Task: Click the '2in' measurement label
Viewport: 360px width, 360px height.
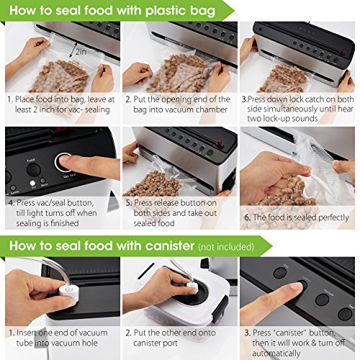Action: tap(81, 51)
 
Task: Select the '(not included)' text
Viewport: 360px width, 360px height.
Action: tap(226, 247)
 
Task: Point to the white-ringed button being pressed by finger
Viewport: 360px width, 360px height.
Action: tap(63, 162)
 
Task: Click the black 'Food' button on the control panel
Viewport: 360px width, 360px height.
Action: tap(34, 170)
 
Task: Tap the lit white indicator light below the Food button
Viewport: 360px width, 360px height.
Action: tap(32, 184)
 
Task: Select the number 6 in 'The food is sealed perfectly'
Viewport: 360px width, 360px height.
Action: tap(247, 217)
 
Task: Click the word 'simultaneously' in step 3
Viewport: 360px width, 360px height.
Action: tap(292, 109)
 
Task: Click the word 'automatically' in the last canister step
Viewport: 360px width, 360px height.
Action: tap(276, 354)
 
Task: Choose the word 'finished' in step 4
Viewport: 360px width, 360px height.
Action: tap(65, 223)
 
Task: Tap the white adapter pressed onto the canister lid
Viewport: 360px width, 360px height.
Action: tap(192, 286)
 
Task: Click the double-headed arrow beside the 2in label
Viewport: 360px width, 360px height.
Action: tap(73, 49)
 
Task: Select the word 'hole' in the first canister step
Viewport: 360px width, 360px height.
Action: tap(90, 343)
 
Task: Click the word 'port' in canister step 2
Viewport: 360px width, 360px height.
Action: tap(170, 343)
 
